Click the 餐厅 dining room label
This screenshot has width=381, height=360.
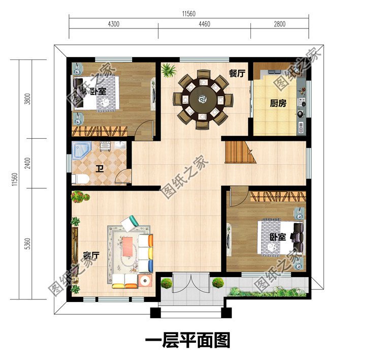click(x=237, y=74)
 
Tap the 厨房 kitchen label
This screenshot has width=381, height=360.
click(x=278, y=104)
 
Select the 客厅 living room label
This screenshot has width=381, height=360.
click(x=91, y=256)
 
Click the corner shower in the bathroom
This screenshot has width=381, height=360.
click(x=82, y=151)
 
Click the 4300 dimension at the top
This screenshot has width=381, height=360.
click(x=113, y=23)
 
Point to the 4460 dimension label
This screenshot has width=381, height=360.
click(x=204, y=23)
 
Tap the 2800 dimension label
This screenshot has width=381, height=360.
click(x=279, y=23)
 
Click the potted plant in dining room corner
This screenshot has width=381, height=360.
click(x=168, y=70)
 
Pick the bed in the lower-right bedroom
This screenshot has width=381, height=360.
click(x=277, y=236)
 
